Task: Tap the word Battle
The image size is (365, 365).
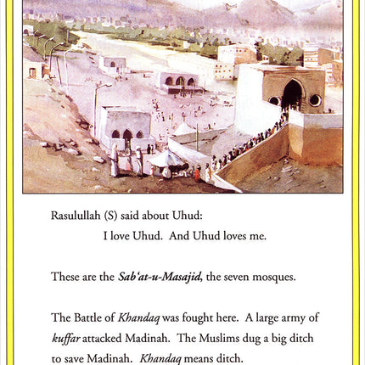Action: (87, 317)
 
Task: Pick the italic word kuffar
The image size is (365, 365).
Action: (66, 338)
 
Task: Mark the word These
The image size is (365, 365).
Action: (65, 277)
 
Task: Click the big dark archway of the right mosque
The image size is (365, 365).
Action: (292, 94)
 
